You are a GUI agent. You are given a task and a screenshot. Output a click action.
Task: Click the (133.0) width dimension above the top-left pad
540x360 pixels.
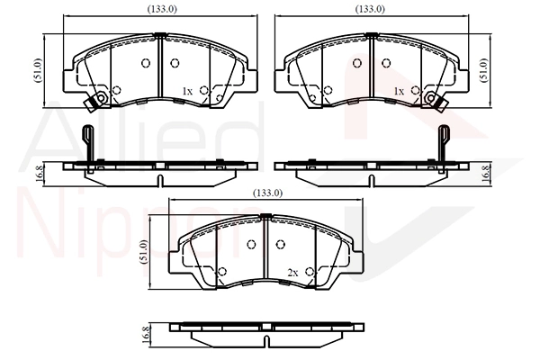pyautogui.click(x=162, y=9)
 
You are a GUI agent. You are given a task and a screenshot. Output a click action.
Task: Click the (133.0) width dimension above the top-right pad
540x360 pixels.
pyautogui.click(x=370, y=9)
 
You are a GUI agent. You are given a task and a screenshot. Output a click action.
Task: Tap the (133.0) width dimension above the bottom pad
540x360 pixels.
pyautogui.click(x=267, y=193)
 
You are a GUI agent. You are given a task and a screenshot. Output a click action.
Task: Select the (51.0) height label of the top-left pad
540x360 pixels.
pyautogui.click(x=38, y=70)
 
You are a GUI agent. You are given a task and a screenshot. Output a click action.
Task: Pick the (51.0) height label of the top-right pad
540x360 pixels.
pyautogui.click(x=484, y=70)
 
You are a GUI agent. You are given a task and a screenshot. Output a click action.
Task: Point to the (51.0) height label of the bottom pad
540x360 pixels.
pyautogui.click(x=144, y=252)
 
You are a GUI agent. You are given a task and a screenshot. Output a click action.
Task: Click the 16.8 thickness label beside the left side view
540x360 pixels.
pyautogui.click(x=40, y=174)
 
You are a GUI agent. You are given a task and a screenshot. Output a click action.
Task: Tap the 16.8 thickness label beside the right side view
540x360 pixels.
pyautogui.click(x=486, y=174)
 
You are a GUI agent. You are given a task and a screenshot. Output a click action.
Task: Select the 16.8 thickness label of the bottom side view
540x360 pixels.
pyautogui.click(x=145, y=334)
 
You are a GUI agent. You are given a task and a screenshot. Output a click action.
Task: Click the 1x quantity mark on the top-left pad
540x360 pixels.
pyautogui.click(x=187, y=91)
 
